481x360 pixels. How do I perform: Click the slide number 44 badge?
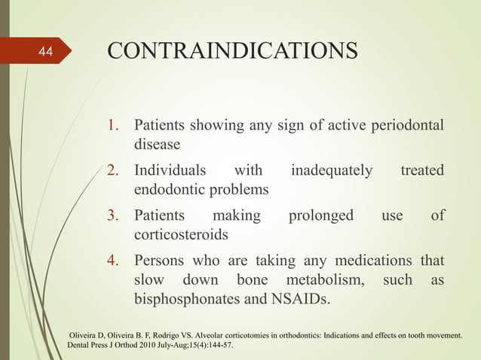46,53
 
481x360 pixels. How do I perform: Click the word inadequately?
332,171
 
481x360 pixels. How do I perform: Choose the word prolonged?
321,217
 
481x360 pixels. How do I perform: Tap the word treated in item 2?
422,171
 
